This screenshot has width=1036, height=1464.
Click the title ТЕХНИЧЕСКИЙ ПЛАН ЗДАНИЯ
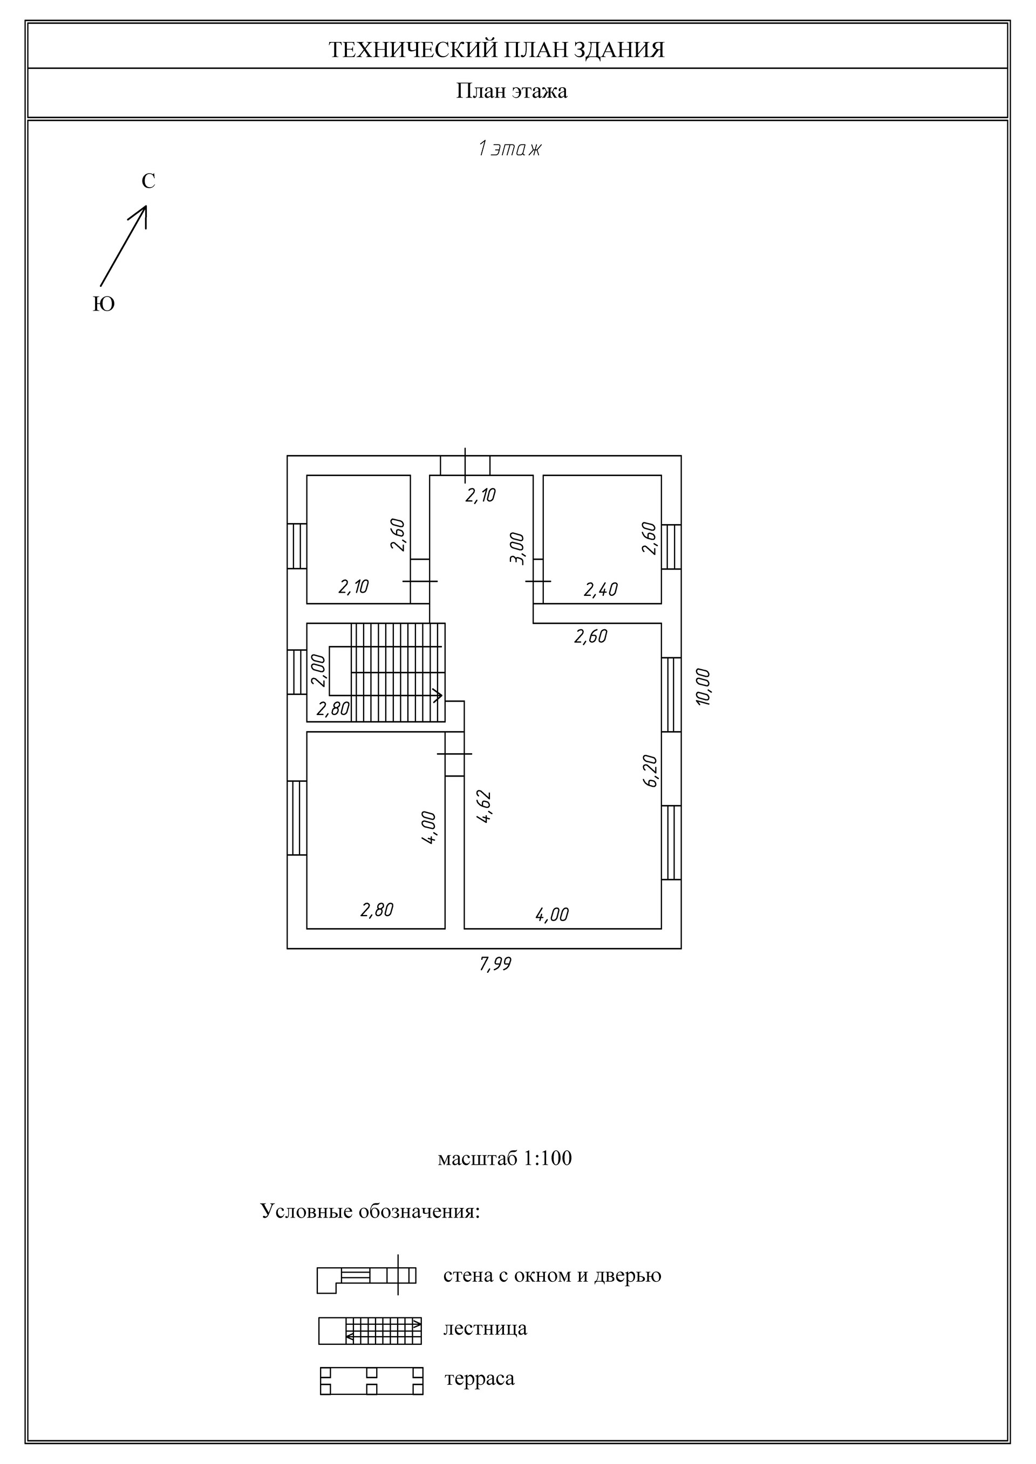[x=496, y=50]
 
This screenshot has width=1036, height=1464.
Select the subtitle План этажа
[x=512, y=91]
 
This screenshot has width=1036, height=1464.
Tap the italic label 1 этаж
[x=510, y=149]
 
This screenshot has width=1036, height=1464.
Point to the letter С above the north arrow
[x=148, y=182]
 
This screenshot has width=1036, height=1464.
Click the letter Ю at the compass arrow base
[x=104, y=304]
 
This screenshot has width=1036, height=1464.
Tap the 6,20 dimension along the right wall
[x=650, y=771]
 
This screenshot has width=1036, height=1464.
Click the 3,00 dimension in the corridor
[x=517, y=548]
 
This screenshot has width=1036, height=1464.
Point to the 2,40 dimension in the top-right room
[x=601, y=590]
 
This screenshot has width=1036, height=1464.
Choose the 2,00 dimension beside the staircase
[x=318, y=670]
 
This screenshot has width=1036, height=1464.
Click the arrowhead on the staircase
[x=438, y=695]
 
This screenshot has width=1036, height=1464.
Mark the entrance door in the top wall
[x=465, y=465]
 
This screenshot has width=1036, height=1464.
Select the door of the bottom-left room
[x=454, y=754]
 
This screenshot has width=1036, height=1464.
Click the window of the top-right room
[x=671, y=546]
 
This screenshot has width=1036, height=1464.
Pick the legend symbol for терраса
[x=371, y=1381]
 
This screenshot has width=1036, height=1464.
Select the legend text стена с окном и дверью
[x=553, y=1275]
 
